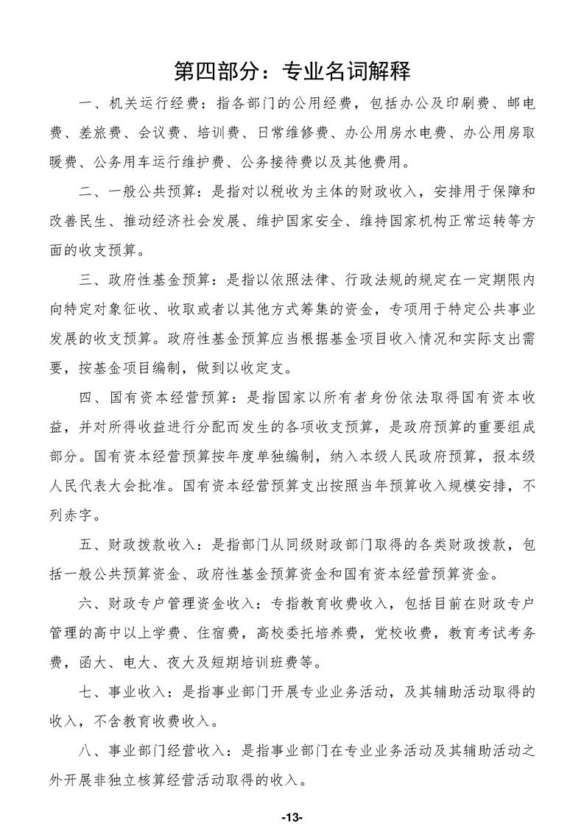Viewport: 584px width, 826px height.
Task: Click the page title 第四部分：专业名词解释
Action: [292, 71]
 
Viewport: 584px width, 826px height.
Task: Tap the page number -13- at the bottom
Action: [292, 797]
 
